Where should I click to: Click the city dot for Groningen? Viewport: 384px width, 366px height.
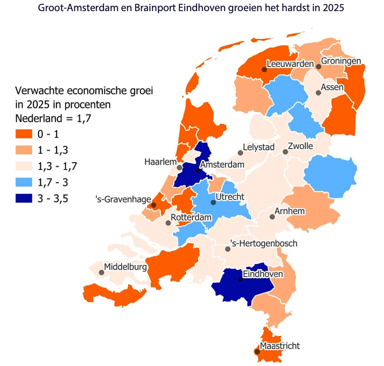(x=318, y=66)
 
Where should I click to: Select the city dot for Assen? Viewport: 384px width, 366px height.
(x=318, y=93)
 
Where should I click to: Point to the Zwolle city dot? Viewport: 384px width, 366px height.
(x=285, y=152)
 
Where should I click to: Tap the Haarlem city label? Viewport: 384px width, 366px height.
(x=160, y=162)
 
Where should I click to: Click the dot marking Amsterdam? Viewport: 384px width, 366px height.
(x=197, y=170)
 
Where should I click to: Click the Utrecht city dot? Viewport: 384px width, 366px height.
(x=213, y=202)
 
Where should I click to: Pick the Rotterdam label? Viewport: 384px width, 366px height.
(x=191, y=217)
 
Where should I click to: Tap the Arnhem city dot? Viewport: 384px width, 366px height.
(x=272, y=217)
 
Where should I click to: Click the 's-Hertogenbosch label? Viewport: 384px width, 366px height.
(x=263, y=243)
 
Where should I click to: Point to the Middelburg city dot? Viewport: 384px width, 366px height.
(x=102, y=272)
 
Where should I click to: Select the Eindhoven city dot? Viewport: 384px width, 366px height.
(x=241, y=280)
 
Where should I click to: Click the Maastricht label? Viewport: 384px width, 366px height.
(x=279, y=346)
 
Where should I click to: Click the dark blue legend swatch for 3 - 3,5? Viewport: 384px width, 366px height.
(x=24, y=199)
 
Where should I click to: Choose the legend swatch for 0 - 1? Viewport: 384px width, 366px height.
(x=24, y=134)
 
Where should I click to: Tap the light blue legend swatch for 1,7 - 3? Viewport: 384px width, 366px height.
(x=24, y=182)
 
